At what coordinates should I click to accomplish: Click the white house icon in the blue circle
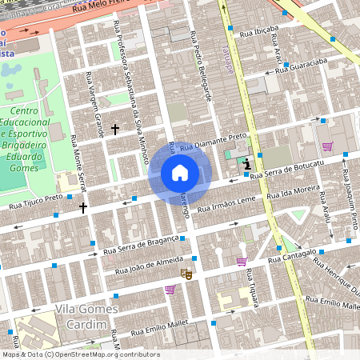[x=180, y=173]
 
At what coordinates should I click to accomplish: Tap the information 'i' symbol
[x=246, y=162]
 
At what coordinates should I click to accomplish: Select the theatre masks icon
[x=186, y=274]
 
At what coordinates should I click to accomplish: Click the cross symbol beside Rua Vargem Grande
[x=114, y=129]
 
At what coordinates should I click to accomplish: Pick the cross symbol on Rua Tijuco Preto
[x=83, y=207]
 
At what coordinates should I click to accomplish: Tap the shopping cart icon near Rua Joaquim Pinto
[x=327, y=146]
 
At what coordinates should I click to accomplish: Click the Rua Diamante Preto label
[x=213, y=142]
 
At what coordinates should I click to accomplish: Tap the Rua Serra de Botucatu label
[x=286, y=169]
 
